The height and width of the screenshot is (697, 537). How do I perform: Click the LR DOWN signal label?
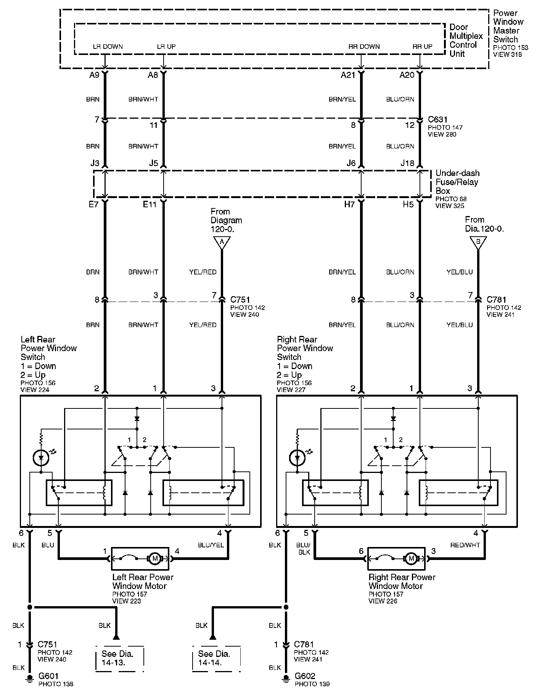click(x=108, y=47)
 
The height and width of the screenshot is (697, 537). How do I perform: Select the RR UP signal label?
click(x=422, y=47)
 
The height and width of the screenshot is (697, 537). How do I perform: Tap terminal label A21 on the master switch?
click(x=348, y=75)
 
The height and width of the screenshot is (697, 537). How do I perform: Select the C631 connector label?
click(x=437, y=120)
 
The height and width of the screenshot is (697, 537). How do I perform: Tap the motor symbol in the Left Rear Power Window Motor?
click(x=155, y=558)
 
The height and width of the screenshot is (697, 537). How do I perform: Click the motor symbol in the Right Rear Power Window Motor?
click(x=411, y=558)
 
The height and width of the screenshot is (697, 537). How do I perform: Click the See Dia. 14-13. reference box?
click(x=119, y=658)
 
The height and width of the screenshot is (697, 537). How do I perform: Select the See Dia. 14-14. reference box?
click(x=215, y=658)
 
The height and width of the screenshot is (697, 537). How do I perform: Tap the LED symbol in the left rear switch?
click(x=41, y=458)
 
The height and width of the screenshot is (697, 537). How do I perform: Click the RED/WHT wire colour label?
click(x=465, y=545)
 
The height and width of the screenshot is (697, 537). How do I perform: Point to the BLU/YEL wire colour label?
click(x=211, y=545)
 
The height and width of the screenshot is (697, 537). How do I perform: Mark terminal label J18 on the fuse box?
click(x=407, y=163)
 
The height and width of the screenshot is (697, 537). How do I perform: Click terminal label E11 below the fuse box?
click(x=150, y=205)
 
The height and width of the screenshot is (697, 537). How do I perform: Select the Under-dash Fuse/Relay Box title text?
click(x=457, y=182)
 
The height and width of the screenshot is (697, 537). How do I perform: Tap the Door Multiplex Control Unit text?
click(x=466, y=40)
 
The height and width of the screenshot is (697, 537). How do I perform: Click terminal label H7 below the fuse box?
click(x=349, y=205)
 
